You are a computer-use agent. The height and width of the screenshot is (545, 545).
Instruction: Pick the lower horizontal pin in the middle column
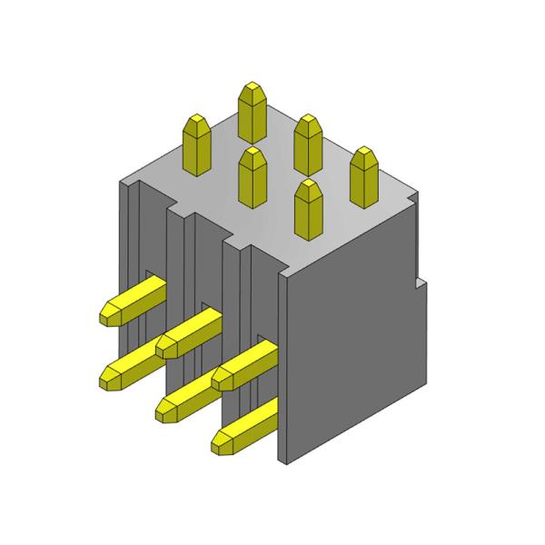[189, 394]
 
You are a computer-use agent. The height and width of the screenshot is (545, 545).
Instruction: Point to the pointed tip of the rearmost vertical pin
[253, 85]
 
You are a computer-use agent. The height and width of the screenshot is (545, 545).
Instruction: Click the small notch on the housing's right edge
[421, 282]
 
